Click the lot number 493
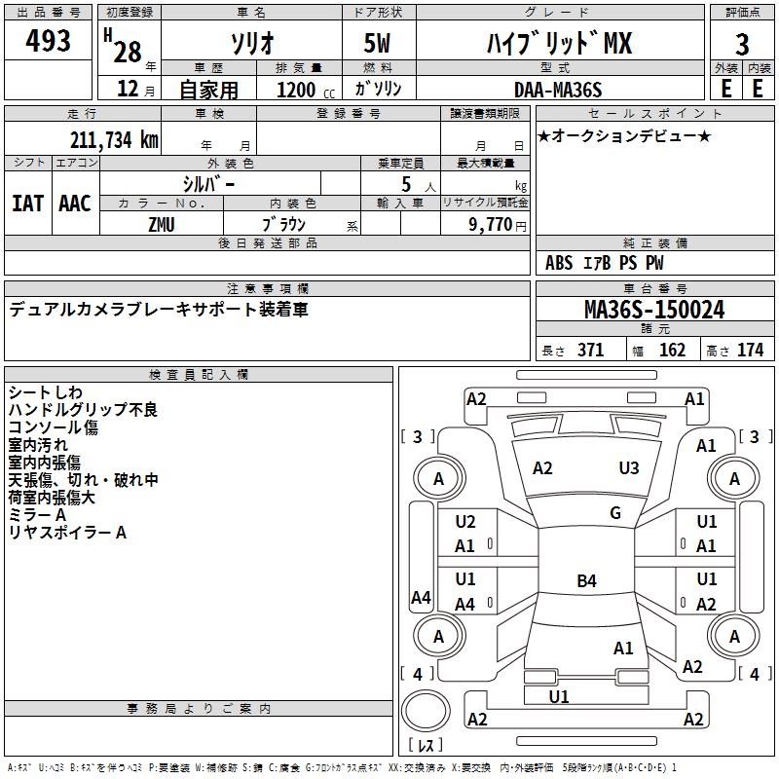coord(49,42)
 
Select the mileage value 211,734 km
coord(114,139)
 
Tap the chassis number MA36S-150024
coord(653,311)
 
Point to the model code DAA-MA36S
coord(558,90)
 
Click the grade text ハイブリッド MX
coord(559,43)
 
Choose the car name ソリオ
coord(250,44)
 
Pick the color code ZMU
coord(163,224)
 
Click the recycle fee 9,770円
coord(497,224)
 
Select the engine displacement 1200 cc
coord(296,90)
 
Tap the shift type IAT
coord(28,203)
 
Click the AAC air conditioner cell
coord(75,203)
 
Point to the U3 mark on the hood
coord(629,468)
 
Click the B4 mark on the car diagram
coord(586,581)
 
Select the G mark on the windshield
coord(615,513)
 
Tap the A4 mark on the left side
coord(421,598)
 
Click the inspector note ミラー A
coord(37,515)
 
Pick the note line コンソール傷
coord(54,427)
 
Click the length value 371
coord(590,351)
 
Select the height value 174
coord(751,351)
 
